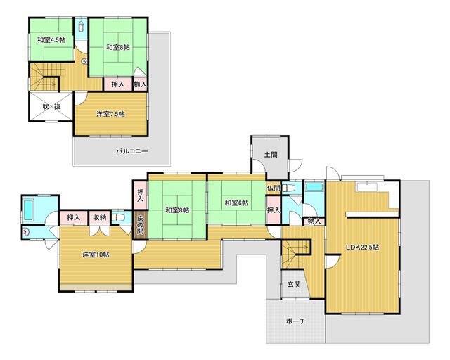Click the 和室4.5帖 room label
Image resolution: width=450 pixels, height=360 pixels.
tap(51, 39)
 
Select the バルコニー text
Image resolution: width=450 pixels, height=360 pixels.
tap(131, 150)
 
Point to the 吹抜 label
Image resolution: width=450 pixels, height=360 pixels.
tap(50, 107)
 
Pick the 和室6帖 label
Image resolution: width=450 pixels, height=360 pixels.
tap(236, 203)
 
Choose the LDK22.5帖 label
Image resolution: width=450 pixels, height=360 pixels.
tap(363, 247)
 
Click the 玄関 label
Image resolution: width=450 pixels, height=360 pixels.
tap(294, 284)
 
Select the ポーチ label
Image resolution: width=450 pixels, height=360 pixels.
tap(295, 321)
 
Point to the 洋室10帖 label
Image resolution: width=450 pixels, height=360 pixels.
tap(94, 255)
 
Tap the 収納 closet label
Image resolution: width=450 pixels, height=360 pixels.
tap(99, 218)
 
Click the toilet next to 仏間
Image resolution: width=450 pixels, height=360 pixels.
tap(290, 188)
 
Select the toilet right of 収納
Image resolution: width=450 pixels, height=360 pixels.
tap(119, 219)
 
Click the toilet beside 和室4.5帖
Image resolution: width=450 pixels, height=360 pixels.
tap(83, 27)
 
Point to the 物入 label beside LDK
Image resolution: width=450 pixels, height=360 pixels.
tap(314, 222)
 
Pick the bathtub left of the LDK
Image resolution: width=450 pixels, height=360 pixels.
tap(314, 188)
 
